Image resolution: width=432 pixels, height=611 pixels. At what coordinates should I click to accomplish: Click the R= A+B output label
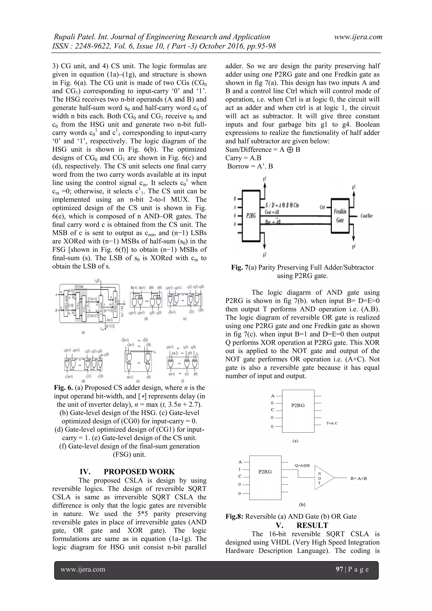[358, 478]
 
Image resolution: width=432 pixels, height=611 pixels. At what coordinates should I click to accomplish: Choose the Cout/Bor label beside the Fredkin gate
[367, 216]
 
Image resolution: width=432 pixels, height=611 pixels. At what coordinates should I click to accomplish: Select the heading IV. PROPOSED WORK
[127, 472]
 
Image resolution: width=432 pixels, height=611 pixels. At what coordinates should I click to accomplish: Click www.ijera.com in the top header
[358, 37]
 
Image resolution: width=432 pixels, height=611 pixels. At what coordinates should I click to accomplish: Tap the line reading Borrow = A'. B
[250, 166]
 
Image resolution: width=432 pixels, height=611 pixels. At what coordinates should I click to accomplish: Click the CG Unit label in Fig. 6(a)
[79, 286]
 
